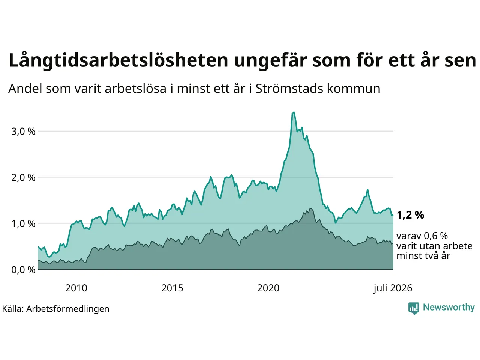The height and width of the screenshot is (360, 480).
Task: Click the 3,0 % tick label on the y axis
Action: tap(23, 132)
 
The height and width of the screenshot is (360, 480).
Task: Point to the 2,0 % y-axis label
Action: tap(23, 178)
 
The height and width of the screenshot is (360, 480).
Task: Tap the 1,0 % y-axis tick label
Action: tap(23, 224)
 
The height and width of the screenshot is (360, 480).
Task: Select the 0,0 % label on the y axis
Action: tap(23, 270)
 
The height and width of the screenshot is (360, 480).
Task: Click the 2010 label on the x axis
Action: tap(76, 288)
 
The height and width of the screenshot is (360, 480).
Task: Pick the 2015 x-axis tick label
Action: tap(172, 288)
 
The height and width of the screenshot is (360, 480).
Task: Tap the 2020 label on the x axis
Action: tap(268, 288)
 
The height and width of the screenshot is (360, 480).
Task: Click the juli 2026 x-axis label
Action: tap(393, 288)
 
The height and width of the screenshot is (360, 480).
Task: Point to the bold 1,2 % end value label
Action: tap(410, 215)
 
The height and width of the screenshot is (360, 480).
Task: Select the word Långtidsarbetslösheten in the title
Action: tap(118, 60)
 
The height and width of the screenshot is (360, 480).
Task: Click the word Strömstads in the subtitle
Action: tap(289, 89)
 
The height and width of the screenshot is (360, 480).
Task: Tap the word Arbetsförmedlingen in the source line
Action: tap(67, 309)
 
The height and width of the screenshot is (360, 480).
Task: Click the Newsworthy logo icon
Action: tap(414, 308)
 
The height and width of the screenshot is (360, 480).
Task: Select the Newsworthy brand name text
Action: tap(449, 307)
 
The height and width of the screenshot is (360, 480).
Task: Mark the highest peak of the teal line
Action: tap(294, 112)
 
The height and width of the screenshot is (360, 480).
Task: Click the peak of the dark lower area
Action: tap(311, 209)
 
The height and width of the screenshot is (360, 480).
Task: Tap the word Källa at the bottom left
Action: tap(13, 309)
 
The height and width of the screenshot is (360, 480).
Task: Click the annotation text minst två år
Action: tap(423, 256)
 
